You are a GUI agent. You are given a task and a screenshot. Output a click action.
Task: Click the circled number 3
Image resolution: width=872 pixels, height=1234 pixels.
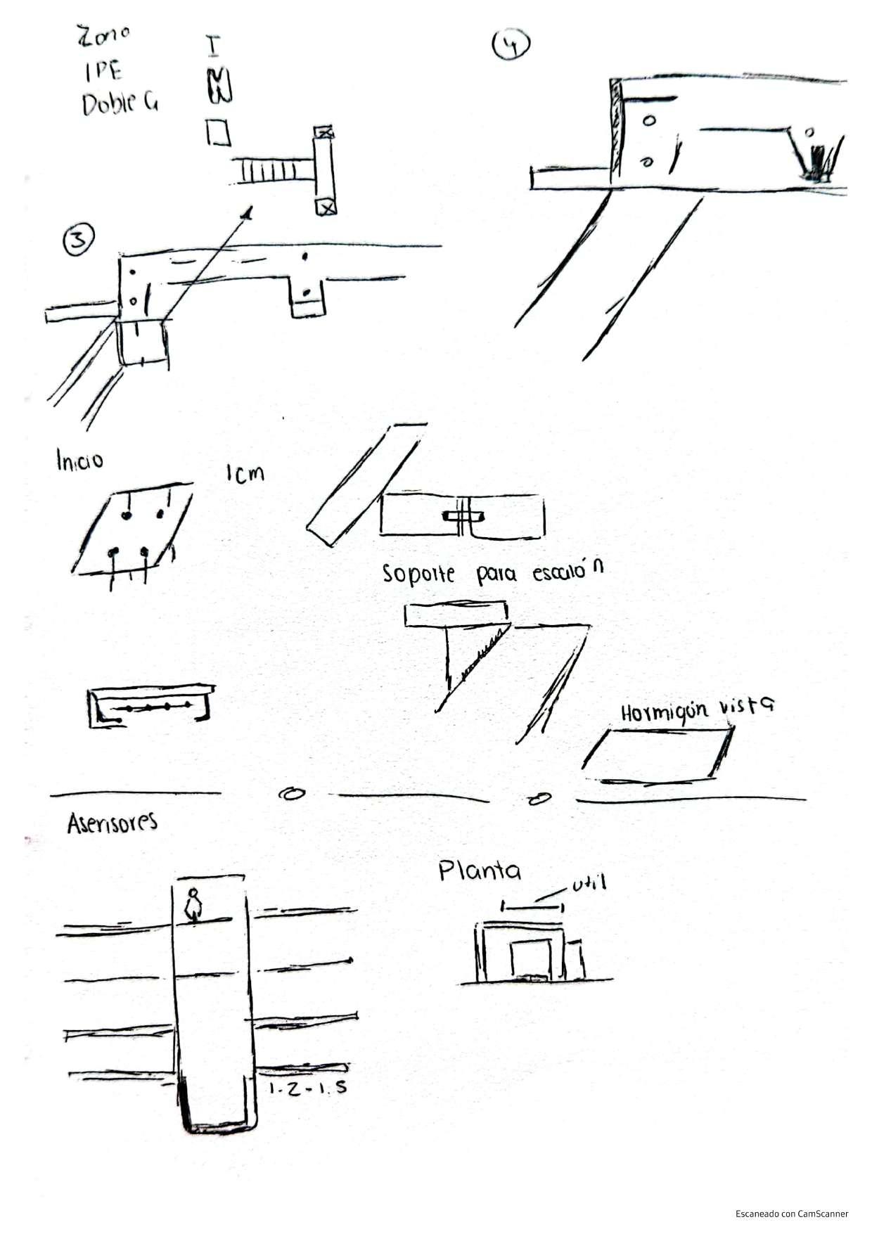tap(78, 241)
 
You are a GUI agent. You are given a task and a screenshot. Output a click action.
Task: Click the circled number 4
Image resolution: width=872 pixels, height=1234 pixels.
tap(511, 44)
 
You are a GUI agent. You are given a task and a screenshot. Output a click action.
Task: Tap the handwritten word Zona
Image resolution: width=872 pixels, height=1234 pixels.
tap(104, 35)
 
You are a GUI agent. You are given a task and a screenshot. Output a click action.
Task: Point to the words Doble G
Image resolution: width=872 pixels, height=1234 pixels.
tap(120, 104)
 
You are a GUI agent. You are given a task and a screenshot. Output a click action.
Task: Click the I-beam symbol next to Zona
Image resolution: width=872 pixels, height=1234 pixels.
tap(212, 45)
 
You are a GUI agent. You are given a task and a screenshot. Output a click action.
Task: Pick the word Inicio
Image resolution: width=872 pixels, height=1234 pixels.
tap(79, 461)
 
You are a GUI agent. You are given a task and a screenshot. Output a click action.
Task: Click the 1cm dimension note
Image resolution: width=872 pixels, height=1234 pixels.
tap(245, 473)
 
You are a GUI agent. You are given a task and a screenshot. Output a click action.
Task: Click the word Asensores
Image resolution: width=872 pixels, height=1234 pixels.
tap(112, 823)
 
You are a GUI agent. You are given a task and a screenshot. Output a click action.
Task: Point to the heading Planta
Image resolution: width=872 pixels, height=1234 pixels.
tap(480, 871)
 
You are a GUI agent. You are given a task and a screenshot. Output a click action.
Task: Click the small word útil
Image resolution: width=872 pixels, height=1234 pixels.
tap(589, 884)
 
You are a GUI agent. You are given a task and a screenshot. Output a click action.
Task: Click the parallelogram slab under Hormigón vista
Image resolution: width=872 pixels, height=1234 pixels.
tap(657, 755)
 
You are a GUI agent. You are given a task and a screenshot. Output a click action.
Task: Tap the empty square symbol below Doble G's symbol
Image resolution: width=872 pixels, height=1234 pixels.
tap(218, 131)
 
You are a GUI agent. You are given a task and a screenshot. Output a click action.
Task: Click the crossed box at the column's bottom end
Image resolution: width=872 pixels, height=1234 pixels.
tap(326, 207)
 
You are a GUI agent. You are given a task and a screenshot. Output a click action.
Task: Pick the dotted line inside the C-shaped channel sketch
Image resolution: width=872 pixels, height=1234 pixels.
tap(154, 706)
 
